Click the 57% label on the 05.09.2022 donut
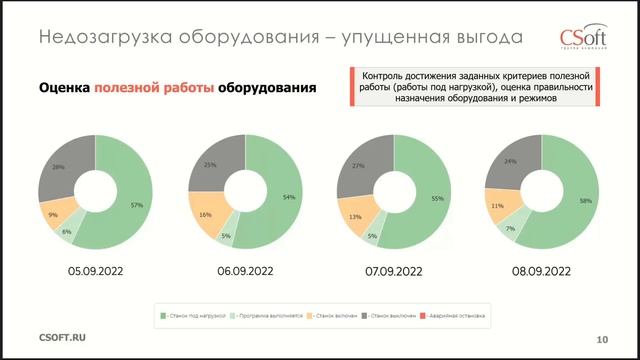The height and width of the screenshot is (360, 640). pos(137,204)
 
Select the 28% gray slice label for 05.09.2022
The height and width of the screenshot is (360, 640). pos(58,166)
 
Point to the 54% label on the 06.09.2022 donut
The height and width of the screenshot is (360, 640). pos(289,197)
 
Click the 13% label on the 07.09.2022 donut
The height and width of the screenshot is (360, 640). pos(356,216)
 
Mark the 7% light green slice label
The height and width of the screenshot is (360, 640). pos(511,229)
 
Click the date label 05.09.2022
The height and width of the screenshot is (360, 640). pos(95,271)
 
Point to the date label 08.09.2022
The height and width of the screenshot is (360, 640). pos(539,271)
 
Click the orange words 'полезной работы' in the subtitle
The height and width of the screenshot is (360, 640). pos(154,88)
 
